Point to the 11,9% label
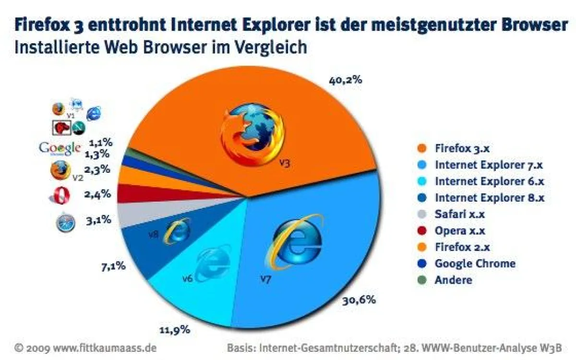coord(174,330)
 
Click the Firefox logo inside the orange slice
coord(252,132)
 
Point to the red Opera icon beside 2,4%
coord(60,196)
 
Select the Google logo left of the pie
coord(59,148)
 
